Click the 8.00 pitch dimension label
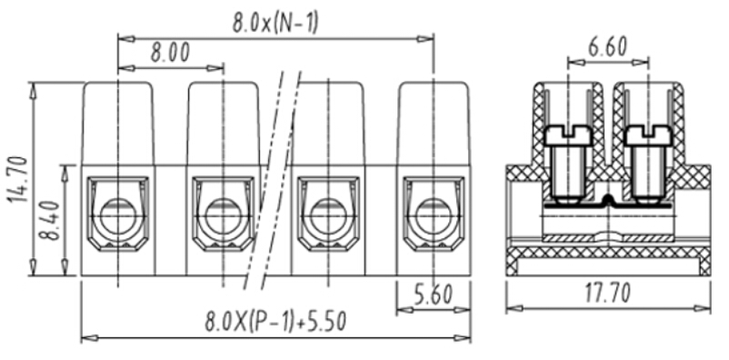(170, 53)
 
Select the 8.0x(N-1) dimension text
(275, 23)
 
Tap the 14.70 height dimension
(18, 179)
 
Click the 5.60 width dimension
(433, 295)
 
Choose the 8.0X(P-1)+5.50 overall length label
(275, 321)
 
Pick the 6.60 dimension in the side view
(608, 47)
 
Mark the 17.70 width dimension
(608, 293)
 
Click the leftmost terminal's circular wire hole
(117, 215)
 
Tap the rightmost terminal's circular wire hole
(433, 215)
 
